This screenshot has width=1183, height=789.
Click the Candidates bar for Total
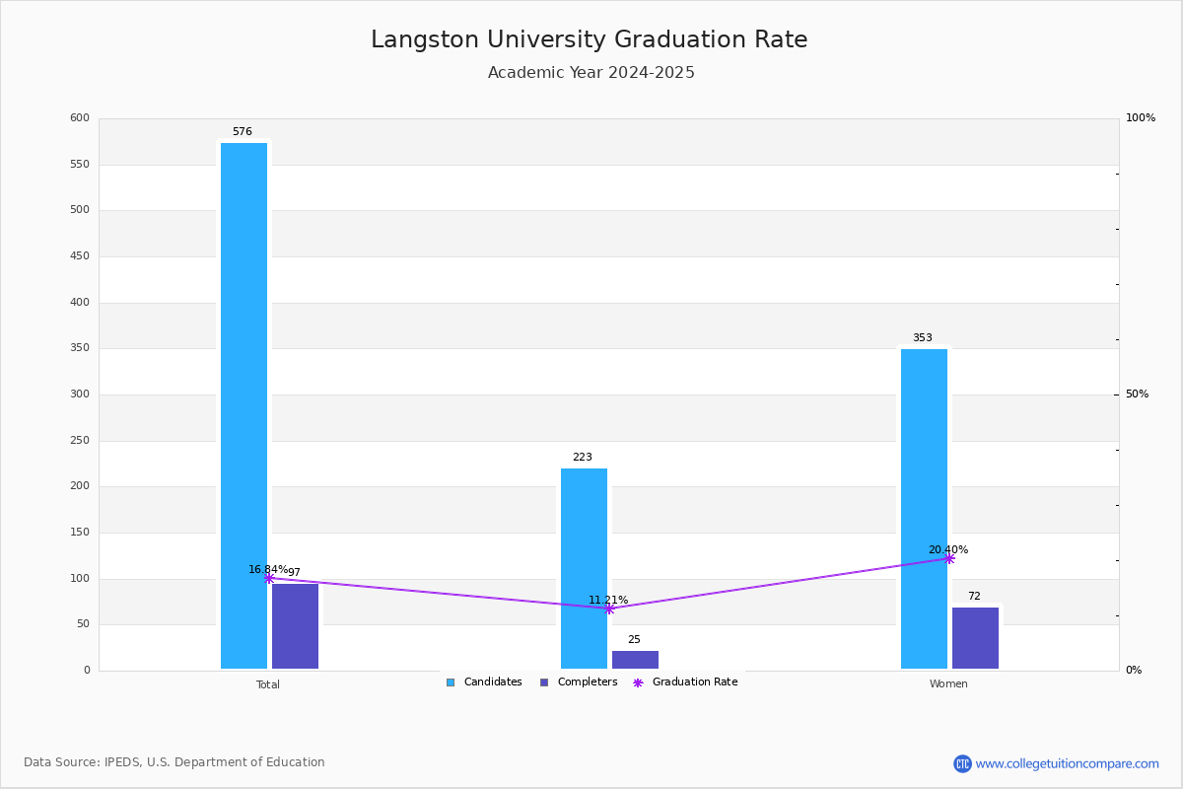[x=244, y=405]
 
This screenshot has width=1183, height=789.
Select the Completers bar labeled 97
[x=295, y=626]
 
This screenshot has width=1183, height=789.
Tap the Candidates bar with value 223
[x=584, y=568]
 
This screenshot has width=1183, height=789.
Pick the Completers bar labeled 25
[x=635, y=660]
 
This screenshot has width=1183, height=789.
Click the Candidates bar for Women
[x=924, y=508]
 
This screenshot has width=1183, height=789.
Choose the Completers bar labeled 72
[x=975, y=638]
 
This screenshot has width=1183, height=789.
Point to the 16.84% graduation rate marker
[x=269, y=578]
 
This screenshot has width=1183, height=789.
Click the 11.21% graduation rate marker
[x=609, y=609]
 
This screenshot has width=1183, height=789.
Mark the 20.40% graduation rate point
[x=949, y=558]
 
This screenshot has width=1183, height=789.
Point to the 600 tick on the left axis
[x=80, y=118]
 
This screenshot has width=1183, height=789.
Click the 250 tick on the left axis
[x=80, y=441]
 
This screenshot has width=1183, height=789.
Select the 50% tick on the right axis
[x=1137, y=394]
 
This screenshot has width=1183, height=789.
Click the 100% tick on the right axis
[x=1140, y=118]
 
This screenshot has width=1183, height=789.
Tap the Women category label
[x=948, y=684]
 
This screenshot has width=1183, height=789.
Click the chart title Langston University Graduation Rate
[x=590, y=39]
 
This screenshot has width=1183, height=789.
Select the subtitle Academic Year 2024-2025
[x=591, y=73]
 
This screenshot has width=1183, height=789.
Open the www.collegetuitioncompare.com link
[x=1067, y=763]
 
